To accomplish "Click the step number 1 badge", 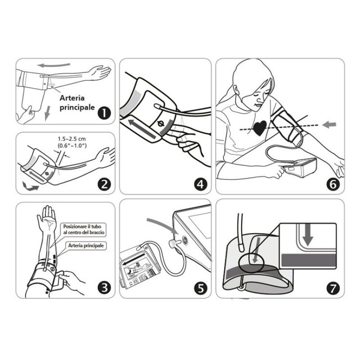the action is click(104, 113).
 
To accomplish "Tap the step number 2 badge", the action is click(104, 184).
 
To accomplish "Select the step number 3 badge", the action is click(104, 288).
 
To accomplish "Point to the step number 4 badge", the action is click(200, 184).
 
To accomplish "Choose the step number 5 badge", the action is click(201, 288).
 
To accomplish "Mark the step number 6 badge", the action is click(333, 184).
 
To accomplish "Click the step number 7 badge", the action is click(333, 288).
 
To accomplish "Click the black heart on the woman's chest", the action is click(260, 128).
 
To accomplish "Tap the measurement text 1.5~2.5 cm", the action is click(72, 139).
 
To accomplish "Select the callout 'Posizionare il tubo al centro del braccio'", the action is click(84, 229).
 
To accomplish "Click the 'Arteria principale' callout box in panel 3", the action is click(86, 246).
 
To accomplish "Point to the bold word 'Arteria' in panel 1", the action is click(72, 98).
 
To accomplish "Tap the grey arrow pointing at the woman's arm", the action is click(329, 125).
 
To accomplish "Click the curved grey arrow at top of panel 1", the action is click(54, 65).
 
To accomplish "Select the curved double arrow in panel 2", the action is click(31, 187).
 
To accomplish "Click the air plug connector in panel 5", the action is click(174, 243).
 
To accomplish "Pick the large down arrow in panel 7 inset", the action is click(308, 235).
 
